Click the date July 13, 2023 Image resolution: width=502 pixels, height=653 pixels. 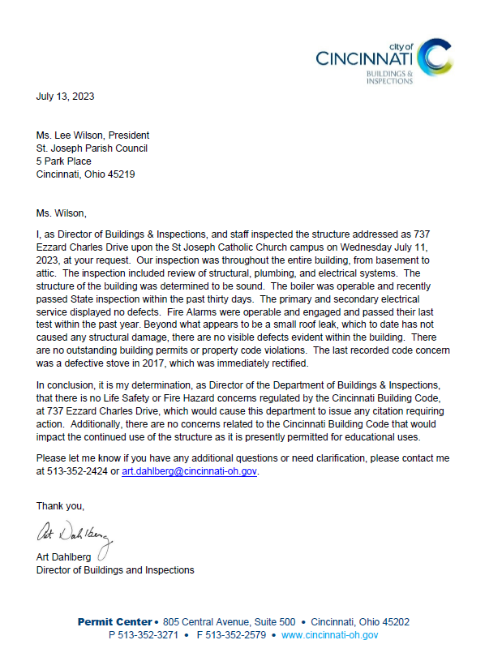tap(65, 97)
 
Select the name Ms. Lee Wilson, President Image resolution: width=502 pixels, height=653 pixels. tap(92, 135)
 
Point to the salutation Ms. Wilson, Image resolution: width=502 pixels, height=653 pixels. tap(61, 213)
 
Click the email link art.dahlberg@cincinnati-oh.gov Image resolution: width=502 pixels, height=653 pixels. tap(190, 470)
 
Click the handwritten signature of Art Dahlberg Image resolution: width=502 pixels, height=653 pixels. tap(73, 533)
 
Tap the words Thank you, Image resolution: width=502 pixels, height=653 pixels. tap(60, 506)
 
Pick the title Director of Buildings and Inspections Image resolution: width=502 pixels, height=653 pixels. tap(115, 570)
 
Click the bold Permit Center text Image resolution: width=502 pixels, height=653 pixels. tap(114, 622)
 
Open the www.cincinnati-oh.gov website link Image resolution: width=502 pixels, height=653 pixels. tap(329, 635)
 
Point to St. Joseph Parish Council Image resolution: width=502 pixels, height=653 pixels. tap(92, 148)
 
